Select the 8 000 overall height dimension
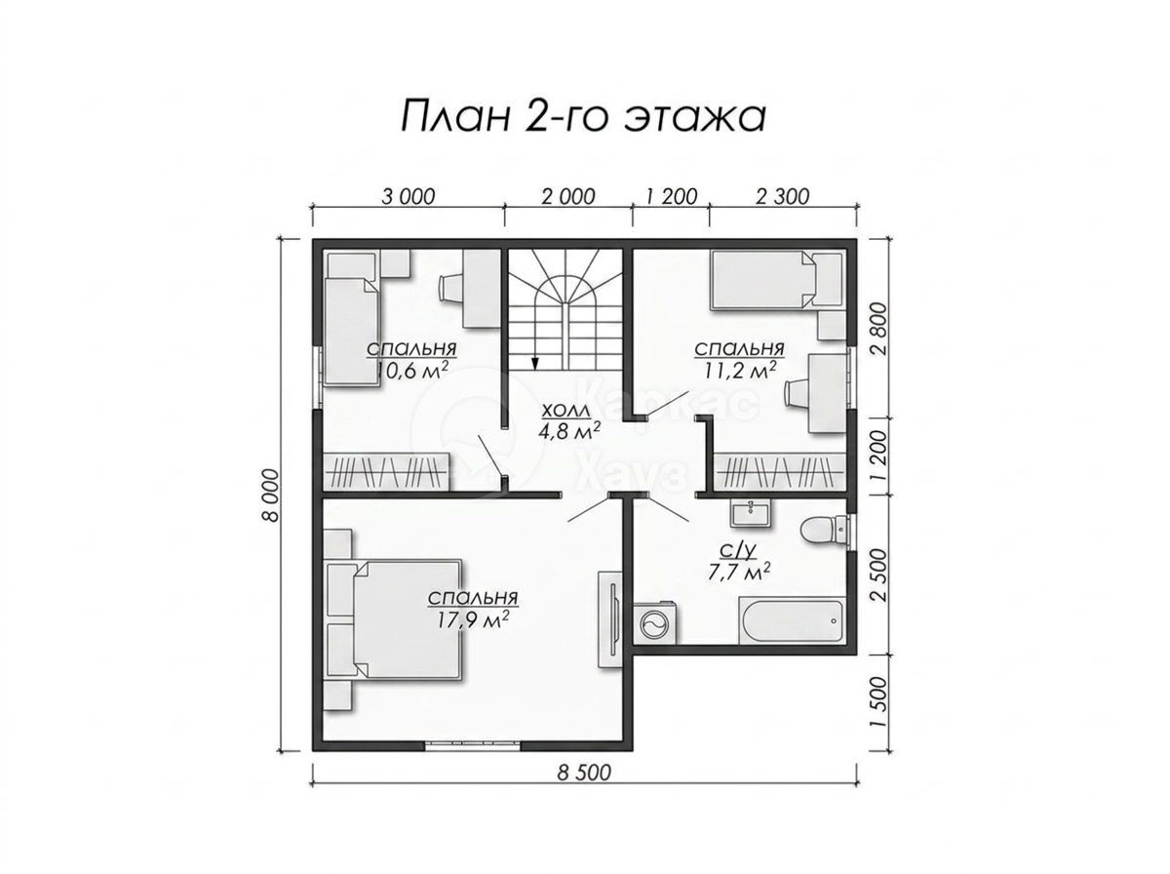click(x=271, y=495)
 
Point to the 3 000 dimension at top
click(x=409, y=196)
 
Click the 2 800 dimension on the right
click(x=881, y=329)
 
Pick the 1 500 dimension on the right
click(x=881, y=700)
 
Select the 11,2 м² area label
click(x=738, y=370)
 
